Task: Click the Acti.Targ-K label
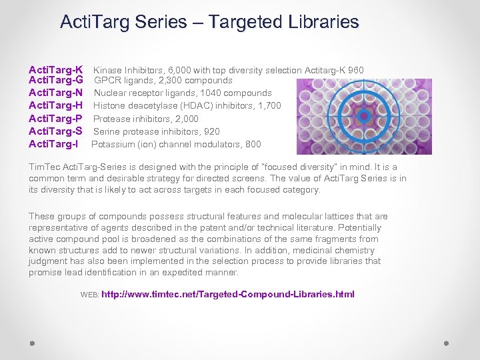coord(55,70)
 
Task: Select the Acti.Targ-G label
coord(55,81)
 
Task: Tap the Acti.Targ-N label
coord(55,93)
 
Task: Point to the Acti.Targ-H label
coord(55,106)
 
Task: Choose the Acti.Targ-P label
coord(55,119)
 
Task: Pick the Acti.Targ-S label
coord(55,131)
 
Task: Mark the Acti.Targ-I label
coord(53,144)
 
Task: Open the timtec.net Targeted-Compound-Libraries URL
coord(228,294)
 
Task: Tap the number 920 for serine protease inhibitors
coord(211,131)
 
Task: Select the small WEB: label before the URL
coord(89,295)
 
